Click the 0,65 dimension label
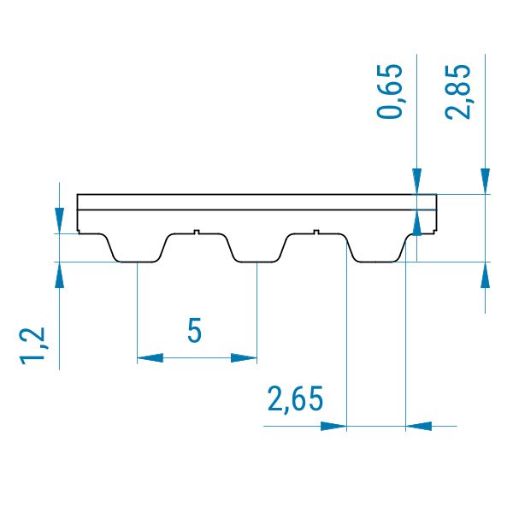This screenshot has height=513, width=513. pyautogui.click(x=389, y=91)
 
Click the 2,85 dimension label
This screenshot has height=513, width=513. pyautogui.click(x=457, y=91)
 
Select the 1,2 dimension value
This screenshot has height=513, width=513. pyautogui.click(x=32, y=345)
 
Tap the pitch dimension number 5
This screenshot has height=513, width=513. pyautogui.click(x=194, y=330)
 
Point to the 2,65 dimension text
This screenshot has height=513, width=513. pyautogui.click(x=295, y=398)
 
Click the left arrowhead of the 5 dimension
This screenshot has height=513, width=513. pyautogui.click(x=150, y=358)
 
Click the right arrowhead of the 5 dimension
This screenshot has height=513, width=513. pyautogui.click(x=244, y=358)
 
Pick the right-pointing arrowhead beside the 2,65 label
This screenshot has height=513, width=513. pyautogui.click(x=333, y=427)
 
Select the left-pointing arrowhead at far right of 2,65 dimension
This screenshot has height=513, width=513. pyautogui.click(x=419, y=427)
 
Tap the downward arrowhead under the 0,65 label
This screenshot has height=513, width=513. pyautogui.click(x=417, y=181)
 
